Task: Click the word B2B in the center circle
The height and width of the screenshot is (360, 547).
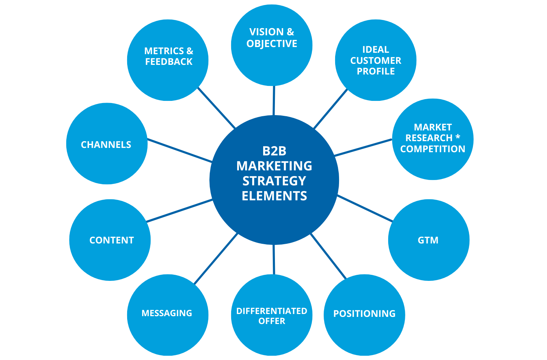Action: click(x=274, y=151)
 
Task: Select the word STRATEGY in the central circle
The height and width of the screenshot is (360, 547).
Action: click(x=274, y=181)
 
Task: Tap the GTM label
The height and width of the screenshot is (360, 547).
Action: click(x=428, y=240)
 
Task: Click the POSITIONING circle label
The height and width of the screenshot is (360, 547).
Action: click(x=364, y=314)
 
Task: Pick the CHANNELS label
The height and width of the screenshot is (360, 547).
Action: click(x=106, y=145)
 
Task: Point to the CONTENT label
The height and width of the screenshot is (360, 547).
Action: click(x=111, y=240)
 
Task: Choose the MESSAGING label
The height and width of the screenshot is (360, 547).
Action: click(x=167, y=313)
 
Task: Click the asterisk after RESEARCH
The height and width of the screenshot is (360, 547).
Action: click(x=458, y=137)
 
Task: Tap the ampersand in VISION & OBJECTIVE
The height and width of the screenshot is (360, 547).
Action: click(x=290, y=32)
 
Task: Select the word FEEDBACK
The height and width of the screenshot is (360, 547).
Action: click(x=168, y=62)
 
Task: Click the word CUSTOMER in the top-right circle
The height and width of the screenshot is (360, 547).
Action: click(x=375, y=61)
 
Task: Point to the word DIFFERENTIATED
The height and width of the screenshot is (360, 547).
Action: click(x=271, y=311)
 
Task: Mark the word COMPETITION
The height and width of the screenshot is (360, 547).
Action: click(x=432, y=149)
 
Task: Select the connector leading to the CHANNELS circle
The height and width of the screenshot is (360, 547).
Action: click(x=180, y=151)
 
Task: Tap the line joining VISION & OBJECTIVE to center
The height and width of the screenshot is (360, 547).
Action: click(x=273, y=101)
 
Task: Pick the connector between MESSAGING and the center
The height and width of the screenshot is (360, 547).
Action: click(x=215, y=258)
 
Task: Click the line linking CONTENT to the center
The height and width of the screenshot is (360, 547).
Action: click(x=179, y=211)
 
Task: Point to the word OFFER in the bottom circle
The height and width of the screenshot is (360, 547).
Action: click(x=271, y=321)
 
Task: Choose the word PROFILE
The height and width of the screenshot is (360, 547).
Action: click(x=375, y=71)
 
